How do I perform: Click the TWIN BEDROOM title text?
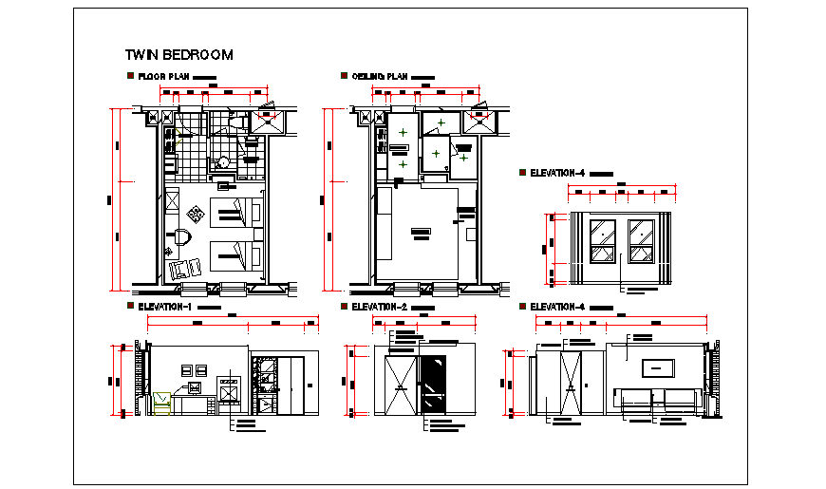click(x=178, y=55)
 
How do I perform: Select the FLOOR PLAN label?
click(x=164, y=76)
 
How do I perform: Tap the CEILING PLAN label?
click(x=379, y=76)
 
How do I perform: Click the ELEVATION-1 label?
click(x=164, y=307)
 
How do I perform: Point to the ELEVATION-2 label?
click(x=379, y=307)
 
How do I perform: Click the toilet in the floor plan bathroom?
click(x=223, y=162)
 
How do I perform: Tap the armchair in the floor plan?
click(x=180, y=271)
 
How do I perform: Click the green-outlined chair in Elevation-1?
click(x=161, y=403)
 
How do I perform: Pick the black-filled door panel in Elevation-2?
click(x=434, y=385)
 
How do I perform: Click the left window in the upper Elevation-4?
click(x=602, y=240)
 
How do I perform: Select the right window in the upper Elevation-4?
click(x=641, y=240)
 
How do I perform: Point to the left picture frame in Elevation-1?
click(x=187, y=369)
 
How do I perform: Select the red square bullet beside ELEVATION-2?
click(x=343, y=307)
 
